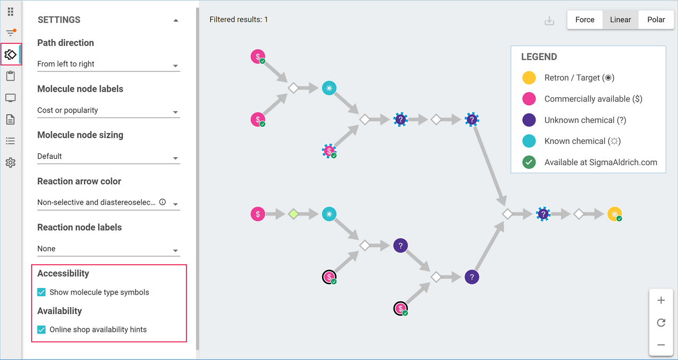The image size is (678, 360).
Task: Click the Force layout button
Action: tap(585, 20)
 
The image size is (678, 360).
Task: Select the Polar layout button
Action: tap(656, 20)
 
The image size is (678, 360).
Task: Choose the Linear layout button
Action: tap(620, 20)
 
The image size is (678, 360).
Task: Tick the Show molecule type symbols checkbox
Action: tap(41, 292)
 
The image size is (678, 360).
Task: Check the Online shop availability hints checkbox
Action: tap(41, 329)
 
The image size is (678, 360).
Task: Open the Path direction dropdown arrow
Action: tap(175, 66)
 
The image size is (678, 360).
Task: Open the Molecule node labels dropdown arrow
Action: tap(175, 112)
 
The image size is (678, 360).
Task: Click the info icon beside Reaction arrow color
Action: tap(163, 202)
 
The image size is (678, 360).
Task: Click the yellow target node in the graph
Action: tap(614, 214)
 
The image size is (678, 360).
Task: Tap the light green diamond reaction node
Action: tap(293, 214)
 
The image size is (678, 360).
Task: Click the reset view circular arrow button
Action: tap(661, 322)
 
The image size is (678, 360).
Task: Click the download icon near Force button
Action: tap(549, 21)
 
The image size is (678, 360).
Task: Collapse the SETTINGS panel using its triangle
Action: tap(176, 21)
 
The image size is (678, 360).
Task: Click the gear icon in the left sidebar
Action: tap(10, 163)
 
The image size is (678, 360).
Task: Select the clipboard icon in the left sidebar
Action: tap(10, 76)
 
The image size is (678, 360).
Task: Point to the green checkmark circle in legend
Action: tap(529, 163)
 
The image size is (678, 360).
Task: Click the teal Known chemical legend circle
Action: tap(529, 141)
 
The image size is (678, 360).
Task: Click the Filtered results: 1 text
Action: tap(238, 20)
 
